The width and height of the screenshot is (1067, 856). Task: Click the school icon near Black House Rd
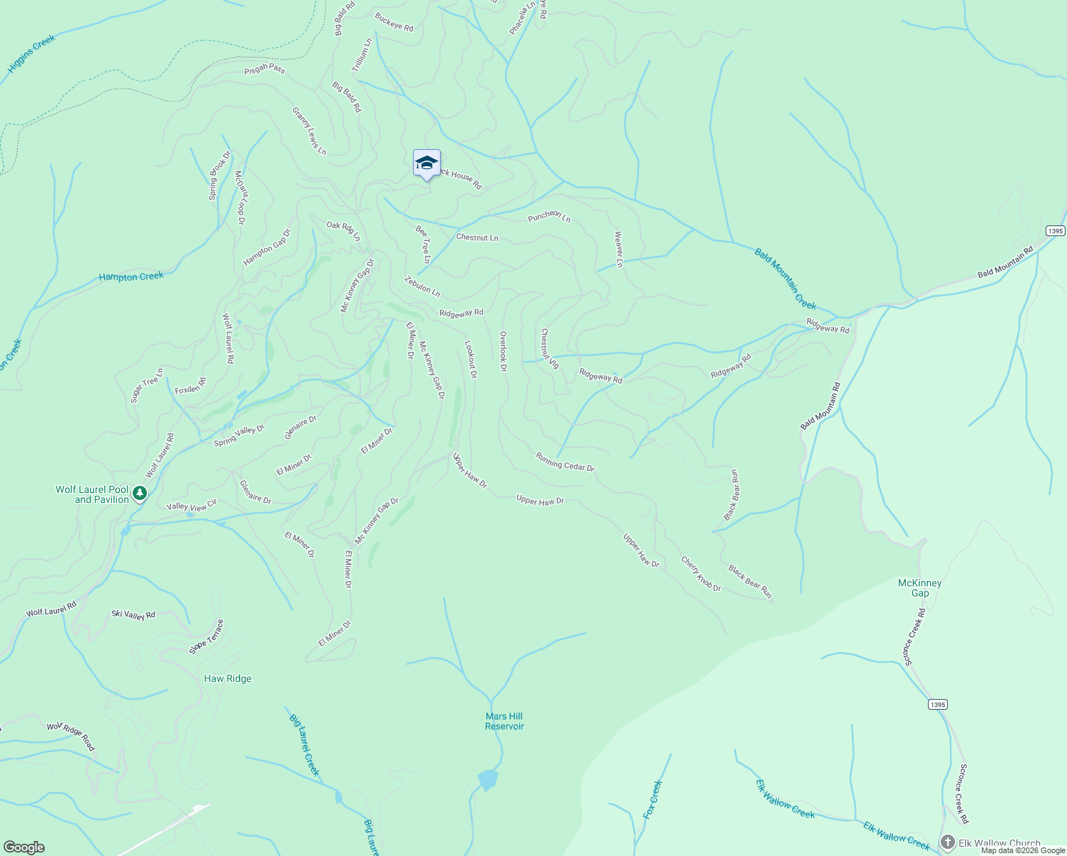click(x=427, y=163)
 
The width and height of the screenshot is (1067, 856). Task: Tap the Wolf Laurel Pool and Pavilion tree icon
click(x=141, y=493)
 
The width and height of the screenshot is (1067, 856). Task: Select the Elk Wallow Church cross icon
click(x=947, y=842)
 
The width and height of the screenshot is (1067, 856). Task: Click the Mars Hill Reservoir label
click(x=504, y=721)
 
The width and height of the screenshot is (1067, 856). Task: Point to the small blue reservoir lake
click(x=488, y=779)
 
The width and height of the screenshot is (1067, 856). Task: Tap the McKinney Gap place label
click(x=920, y=588)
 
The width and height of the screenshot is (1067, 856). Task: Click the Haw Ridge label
click(x=228, y=678)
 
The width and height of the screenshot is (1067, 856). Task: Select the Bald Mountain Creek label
click(x=785, y=278)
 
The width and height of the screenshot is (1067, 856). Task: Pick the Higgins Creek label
click(x=31, y=54)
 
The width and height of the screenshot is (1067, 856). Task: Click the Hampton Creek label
click(x=131, y=277)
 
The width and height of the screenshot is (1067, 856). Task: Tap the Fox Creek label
click(x=653, y=799)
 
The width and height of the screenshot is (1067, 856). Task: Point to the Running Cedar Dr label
click(x=565, y=462)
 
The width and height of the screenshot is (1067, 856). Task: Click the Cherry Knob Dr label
click(x=700, y=574)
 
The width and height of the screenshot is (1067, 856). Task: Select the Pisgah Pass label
click(x=265, y=69)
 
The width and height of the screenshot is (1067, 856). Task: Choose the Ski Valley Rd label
click(x=133, y=614)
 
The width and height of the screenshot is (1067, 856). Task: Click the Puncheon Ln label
click(x=549, y=217)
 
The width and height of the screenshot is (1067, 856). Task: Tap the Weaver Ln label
click(x=618, y=249)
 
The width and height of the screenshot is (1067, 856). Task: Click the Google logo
click(x=24, y=847)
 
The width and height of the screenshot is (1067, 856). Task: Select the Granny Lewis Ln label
click(x=309, y=131)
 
